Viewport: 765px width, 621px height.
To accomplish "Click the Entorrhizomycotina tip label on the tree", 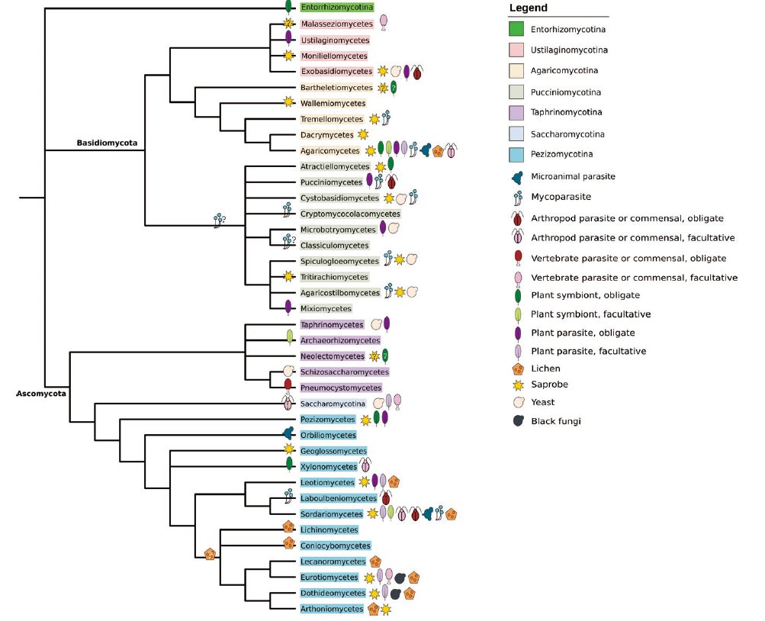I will (336, 7).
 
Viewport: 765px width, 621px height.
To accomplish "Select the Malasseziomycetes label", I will (336, 24).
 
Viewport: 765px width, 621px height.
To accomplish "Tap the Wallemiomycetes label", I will (333, 103).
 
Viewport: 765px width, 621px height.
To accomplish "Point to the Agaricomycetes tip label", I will (330, 151).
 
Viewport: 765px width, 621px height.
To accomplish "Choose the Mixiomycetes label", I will (326, 308).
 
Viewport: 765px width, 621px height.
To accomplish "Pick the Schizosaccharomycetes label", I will (345, 372).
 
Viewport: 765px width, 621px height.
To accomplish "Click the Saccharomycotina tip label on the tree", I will (333, 404).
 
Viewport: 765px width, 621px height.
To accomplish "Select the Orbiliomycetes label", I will (328, 435).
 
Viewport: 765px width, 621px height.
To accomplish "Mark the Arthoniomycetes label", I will (332, 609).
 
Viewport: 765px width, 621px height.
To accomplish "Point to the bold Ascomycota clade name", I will (40, 394).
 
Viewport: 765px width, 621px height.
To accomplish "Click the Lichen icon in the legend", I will (518, 368).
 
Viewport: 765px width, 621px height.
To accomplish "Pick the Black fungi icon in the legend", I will (518, 420).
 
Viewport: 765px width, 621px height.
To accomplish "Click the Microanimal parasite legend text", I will (573, 177).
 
